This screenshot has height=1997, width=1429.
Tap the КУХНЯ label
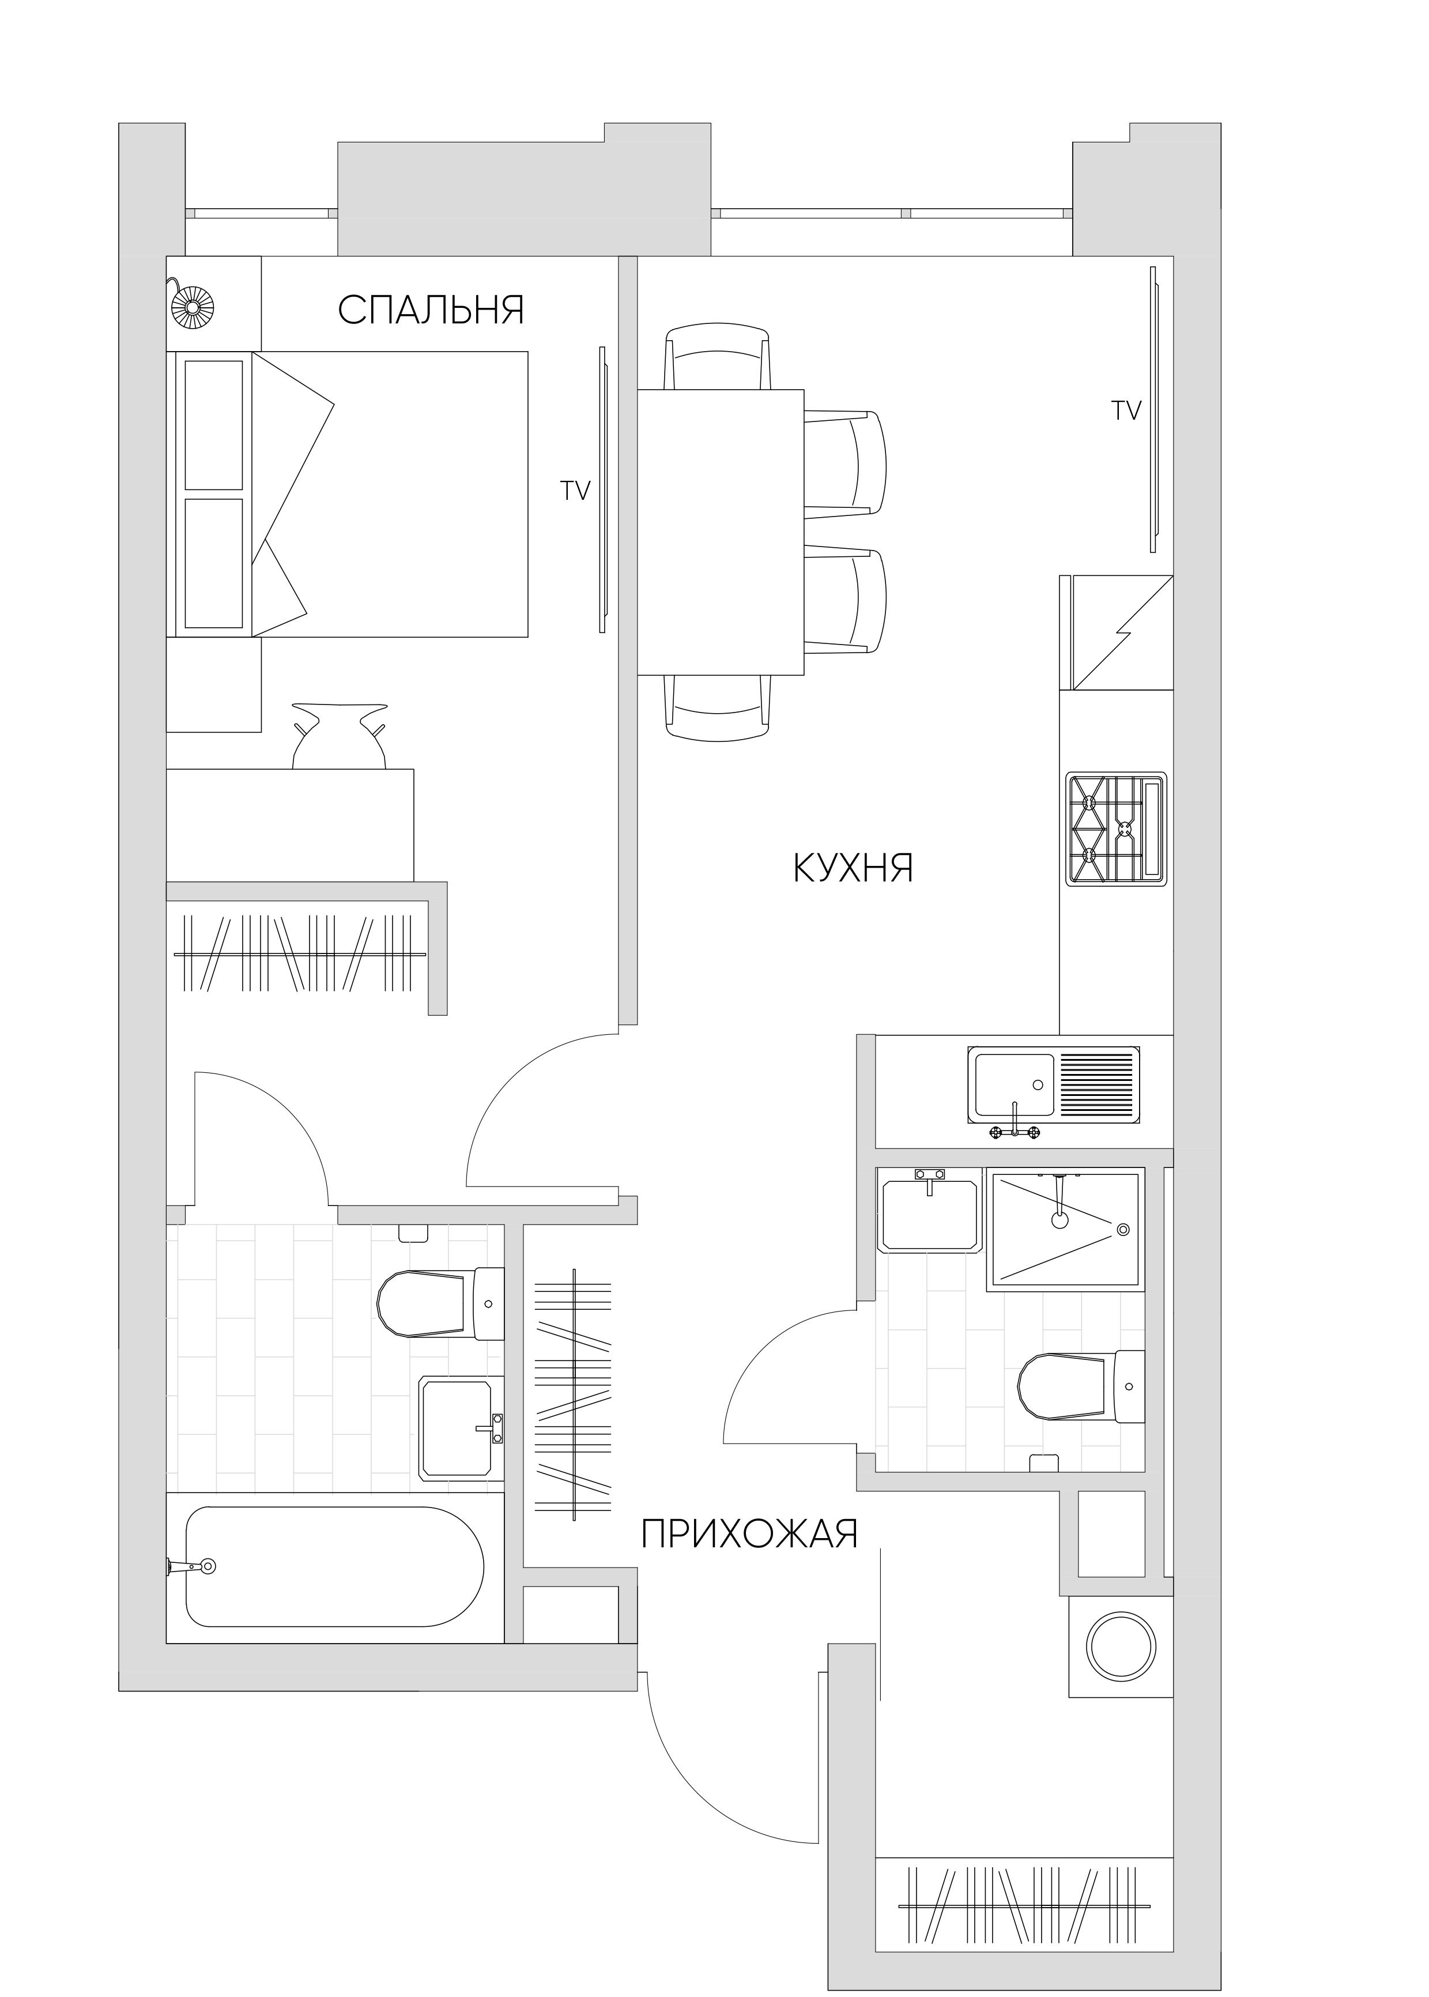point(854,868)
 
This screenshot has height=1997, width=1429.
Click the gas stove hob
point(1116,828)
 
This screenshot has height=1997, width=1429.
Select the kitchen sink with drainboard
point(1053,1085)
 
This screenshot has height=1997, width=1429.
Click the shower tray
point(1065,1229)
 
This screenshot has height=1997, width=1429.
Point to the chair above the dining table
point(717,356)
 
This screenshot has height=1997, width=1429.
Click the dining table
point(720,533)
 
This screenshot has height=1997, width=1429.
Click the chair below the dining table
point(717,707)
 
